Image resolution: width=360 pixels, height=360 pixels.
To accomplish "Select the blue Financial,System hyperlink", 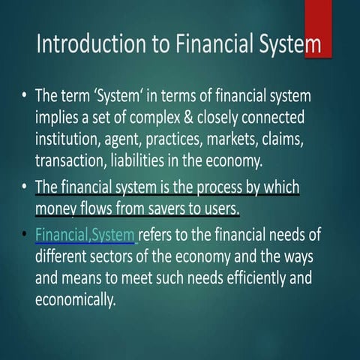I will pyautogui.click(x=85, y=235).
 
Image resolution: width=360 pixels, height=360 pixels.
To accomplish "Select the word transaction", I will pyautogui.click(x=72, y=160).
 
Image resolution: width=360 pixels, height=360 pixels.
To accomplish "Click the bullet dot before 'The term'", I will pyautogui.click(x=25, y=97).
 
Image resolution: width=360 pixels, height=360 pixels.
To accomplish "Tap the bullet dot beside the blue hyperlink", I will pyautogui.click(x=25, y=235).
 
